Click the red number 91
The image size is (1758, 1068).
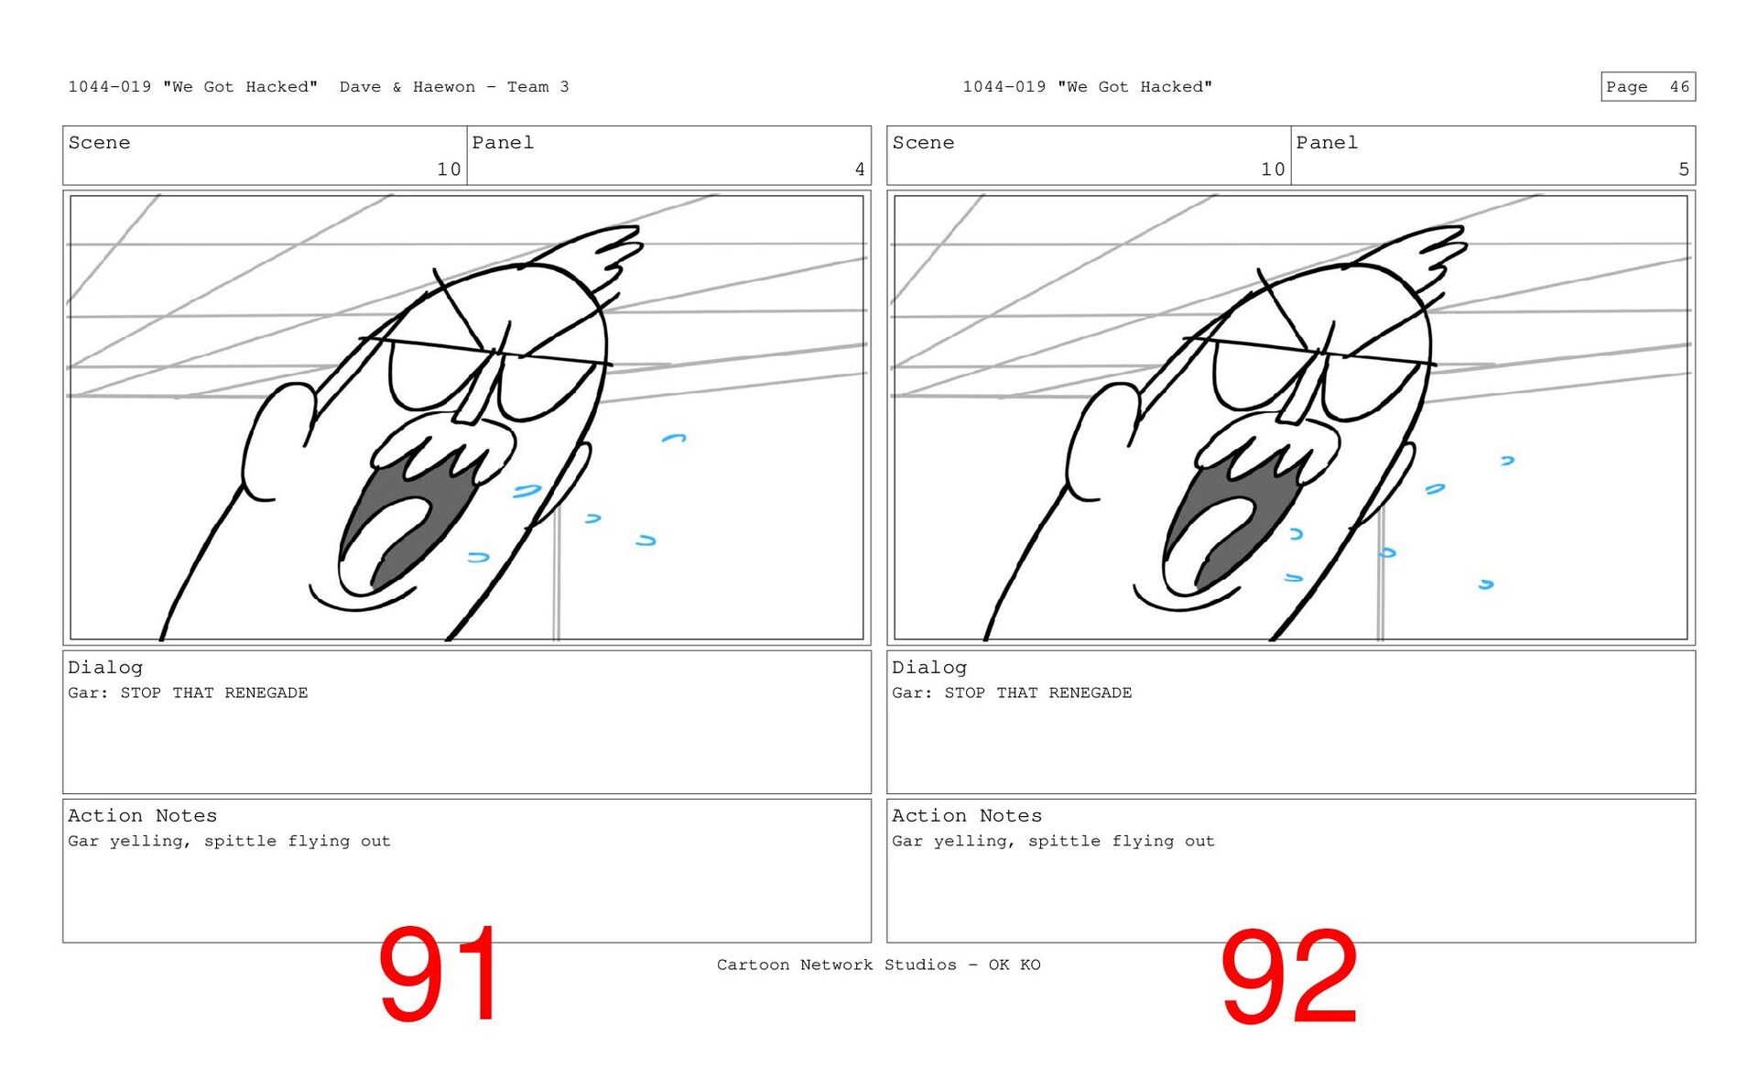pyautogui.click(x=439, y=974)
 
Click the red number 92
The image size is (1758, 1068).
pyautogui.click(x=1289, y=976)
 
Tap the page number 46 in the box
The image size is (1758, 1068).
pyautogui.click(x=1679, y=87)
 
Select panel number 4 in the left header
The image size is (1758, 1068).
pyautogui.click(x=860, y=169)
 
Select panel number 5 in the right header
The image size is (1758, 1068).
pyautogui.click(x=1684, y=169)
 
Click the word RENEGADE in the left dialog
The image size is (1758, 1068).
pyautogui.click(x=266, y=692)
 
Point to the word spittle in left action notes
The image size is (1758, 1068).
pyautogui.click(x=240, y=841)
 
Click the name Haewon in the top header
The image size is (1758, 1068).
pyautogui.click(x=444, y=87)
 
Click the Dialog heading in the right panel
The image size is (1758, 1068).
pyautogui.click(x=929, y=668)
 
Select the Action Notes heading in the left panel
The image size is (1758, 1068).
pyautogui.click(x=143, y=815)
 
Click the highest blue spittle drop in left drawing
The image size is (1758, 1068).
pyautogui.click(x=674, y=438)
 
